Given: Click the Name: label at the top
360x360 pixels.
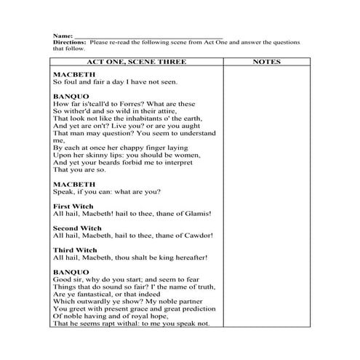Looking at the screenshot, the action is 63,35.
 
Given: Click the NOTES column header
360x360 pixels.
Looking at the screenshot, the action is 265,63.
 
